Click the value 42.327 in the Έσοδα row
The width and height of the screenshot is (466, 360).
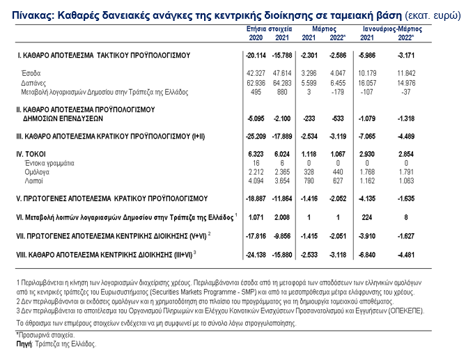tap(253, 72)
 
